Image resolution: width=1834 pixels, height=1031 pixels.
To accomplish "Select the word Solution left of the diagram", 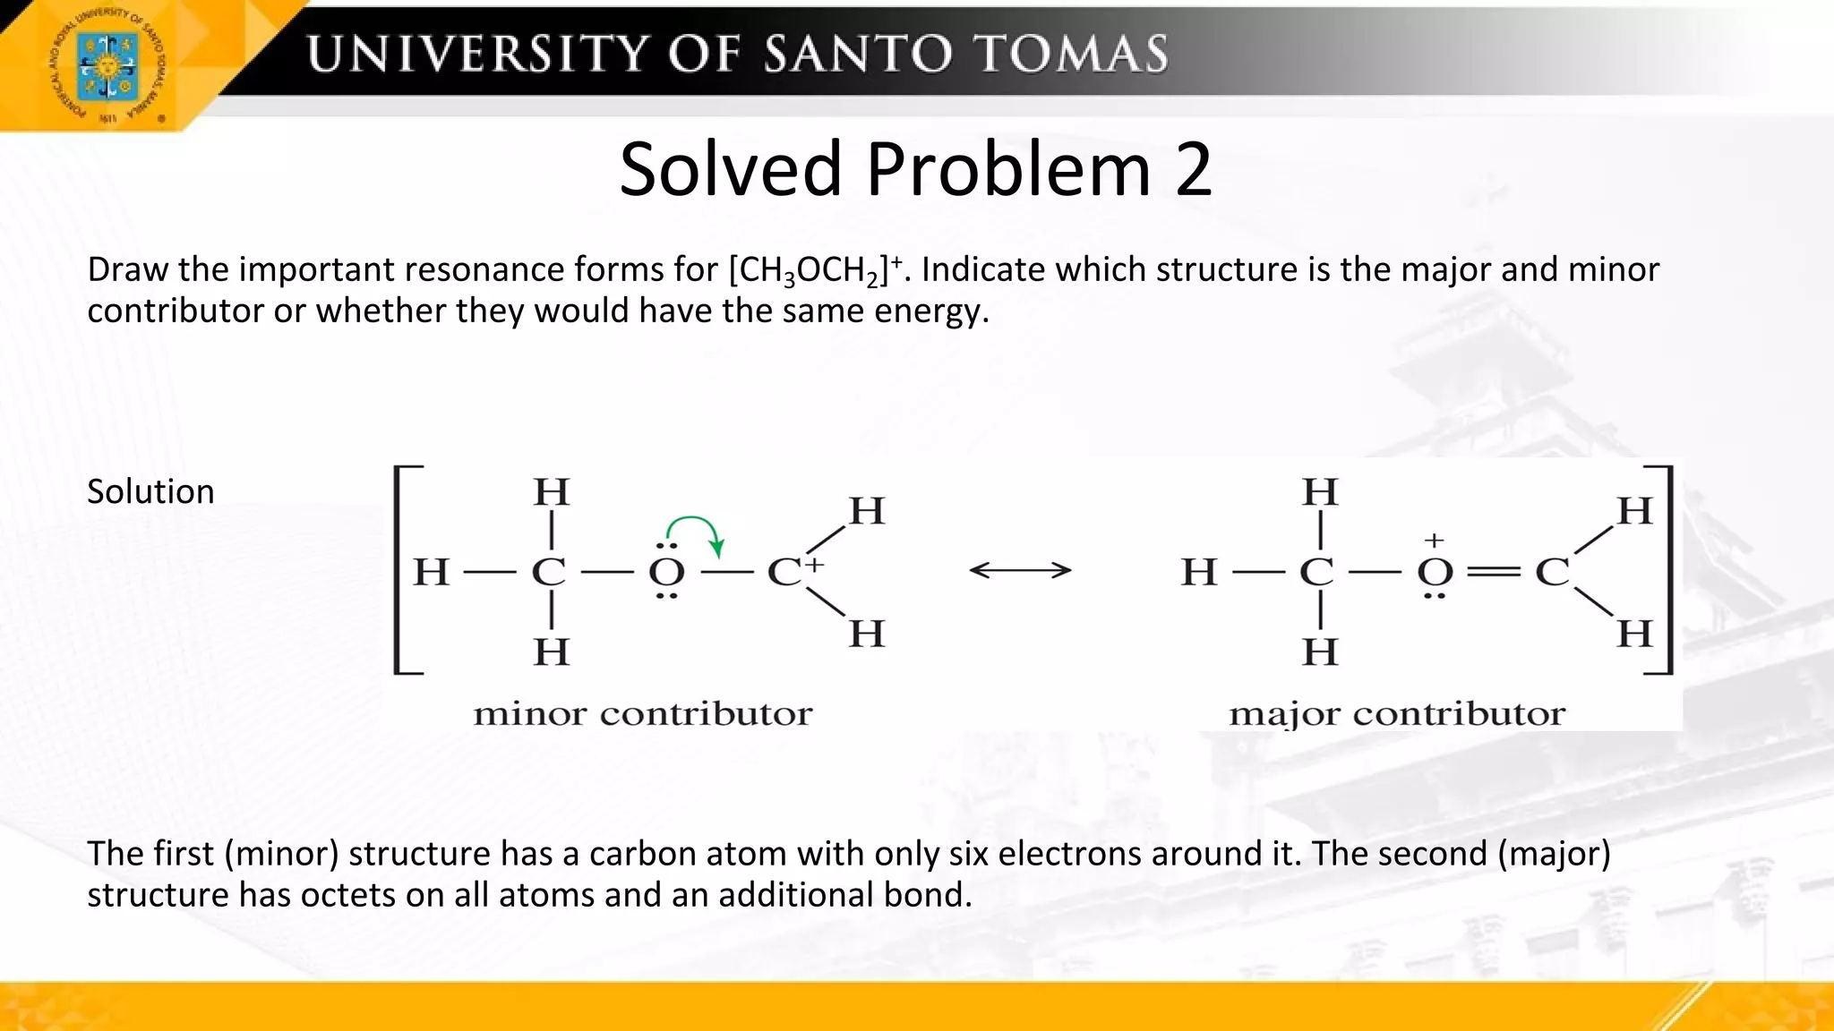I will [x=150, y=491].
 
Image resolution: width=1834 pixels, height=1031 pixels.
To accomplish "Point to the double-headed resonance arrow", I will [x=1020, y=570].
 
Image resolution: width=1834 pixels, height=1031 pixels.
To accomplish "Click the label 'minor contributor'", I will [x=642, y=714].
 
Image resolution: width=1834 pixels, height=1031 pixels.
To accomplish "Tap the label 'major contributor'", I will [x=1397, y=714].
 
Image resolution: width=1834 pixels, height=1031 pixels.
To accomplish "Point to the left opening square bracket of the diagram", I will [x=403, y=569].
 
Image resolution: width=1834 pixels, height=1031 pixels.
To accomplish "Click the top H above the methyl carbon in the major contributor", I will [x=1320, y=492].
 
